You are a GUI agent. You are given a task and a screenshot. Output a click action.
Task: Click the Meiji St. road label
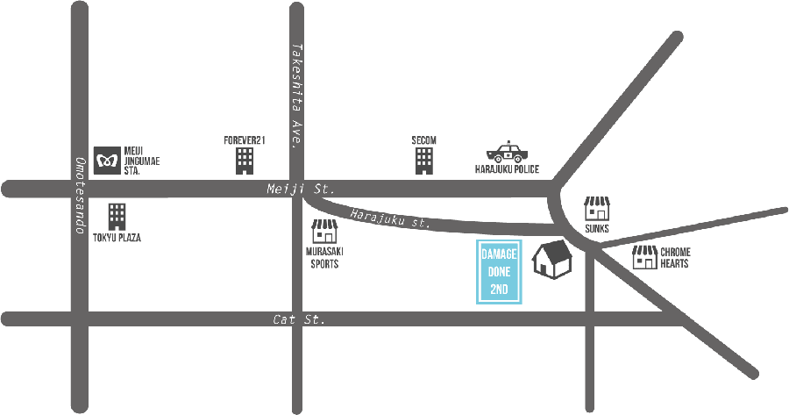(301, 189)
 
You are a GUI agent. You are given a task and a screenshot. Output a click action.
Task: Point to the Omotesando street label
(79, 195)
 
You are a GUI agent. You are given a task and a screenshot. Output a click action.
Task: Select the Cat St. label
(299, 320)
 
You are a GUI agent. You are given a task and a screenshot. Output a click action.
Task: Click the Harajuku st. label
(391, 218)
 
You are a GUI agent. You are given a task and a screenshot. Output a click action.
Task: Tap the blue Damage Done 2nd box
(499, 272)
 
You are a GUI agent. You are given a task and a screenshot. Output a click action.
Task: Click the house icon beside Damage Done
(552, 260)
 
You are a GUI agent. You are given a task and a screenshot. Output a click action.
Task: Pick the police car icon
(508, 150)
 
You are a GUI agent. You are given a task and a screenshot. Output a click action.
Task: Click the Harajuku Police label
(508, 168)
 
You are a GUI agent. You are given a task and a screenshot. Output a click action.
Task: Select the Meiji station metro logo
(108, 160)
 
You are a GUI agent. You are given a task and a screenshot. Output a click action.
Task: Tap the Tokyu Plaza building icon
(117, 217)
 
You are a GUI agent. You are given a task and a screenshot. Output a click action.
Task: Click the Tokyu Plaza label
(117, 238)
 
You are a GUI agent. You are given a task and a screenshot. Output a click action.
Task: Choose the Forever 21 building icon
(245, 159)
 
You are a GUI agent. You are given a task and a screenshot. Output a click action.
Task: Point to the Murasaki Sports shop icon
(324, 232)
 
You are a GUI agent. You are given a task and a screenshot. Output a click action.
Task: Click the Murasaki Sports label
(323, 257)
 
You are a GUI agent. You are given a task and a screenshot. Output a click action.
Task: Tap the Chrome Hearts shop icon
(645, 256)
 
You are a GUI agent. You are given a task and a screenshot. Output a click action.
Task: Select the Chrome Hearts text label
(675, 257)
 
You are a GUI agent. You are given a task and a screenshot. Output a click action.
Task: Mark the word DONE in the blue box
(499, 272)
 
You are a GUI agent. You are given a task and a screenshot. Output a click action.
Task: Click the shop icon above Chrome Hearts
(598, 209)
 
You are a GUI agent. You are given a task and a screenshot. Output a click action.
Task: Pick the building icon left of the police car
(424, 160)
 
